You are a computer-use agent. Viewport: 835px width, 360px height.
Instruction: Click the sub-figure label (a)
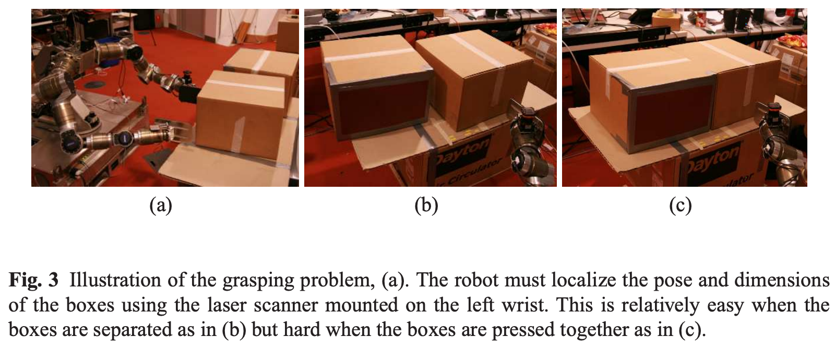pyautogui.click(x=161, y=205)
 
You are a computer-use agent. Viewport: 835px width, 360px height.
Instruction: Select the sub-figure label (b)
pyautogui.click(x=426, y=205)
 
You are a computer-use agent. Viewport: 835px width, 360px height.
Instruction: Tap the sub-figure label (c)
pyautogui.click(x=680, y=205)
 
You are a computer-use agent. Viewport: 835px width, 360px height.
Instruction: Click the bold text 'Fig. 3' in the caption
pyautogui.click(x=33, y=280)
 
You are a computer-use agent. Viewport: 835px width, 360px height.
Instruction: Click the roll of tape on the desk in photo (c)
pyautogui.click(x=666, y=21)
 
